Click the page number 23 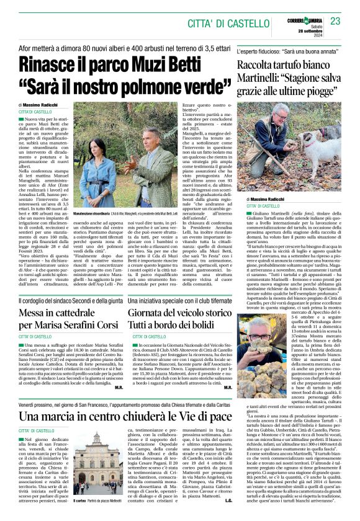coord(336,22)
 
